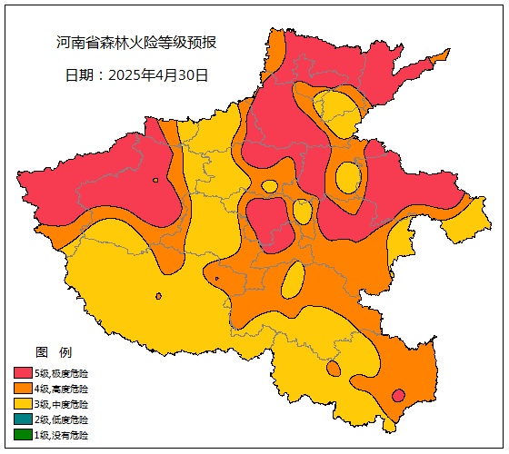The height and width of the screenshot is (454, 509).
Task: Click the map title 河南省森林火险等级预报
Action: (136, 43)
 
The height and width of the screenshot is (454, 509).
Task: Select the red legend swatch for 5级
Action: (23, 373)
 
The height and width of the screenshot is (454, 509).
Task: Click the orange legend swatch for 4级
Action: (23, 389)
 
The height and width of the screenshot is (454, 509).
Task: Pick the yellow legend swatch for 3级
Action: (23, 404)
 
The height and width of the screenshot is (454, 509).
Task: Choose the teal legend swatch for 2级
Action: (23, 419)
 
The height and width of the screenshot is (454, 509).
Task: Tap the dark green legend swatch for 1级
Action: (23, 435)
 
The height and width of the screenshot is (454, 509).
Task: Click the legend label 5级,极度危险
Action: (62, 373)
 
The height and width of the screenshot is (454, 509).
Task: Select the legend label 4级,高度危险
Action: (62, 389)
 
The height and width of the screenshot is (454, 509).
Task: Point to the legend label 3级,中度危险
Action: (62, 404)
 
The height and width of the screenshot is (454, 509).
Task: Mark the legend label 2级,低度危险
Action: (62, 419)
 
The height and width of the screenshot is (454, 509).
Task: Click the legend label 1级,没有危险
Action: (62, 435)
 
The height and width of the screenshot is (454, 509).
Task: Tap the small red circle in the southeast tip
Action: (398, 395)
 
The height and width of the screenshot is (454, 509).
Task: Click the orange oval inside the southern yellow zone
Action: (334, 369)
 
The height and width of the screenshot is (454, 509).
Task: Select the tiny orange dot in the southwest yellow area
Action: (158, 296)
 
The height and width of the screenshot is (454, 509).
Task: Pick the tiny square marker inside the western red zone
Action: (156, 181)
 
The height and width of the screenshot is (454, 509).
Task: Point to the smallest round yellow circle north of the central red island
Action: (269, 186)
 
